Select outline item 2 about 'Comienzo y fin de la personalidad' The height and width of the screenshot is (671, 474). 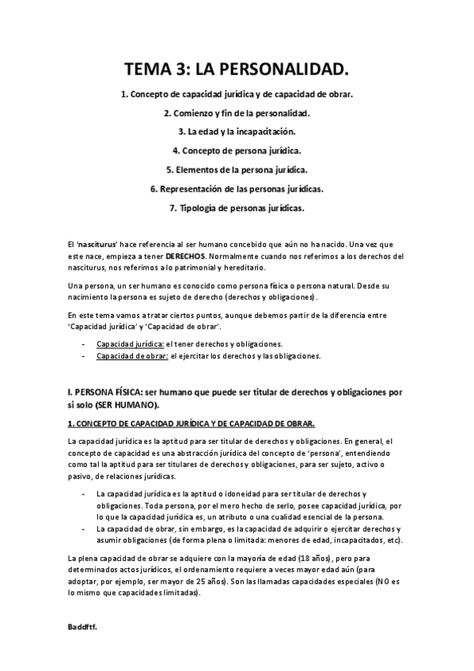click(237, 112)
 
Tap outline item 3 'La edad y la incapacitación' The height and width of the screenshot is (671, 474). click(237, 131)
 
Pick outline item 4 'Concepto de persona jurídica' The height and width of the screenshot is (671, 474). click(237, 150)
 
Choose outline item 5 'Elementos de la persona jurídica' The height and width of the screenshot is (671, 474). click(237, 169)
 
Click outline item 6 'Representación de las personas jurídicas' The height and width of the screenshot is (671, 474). click(237, 189)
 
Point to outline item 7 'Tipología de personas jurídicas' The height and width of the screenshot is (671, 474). click(237, 208)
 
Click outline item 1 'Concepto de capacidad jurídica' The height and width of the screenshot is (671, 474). click(237, 93)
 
